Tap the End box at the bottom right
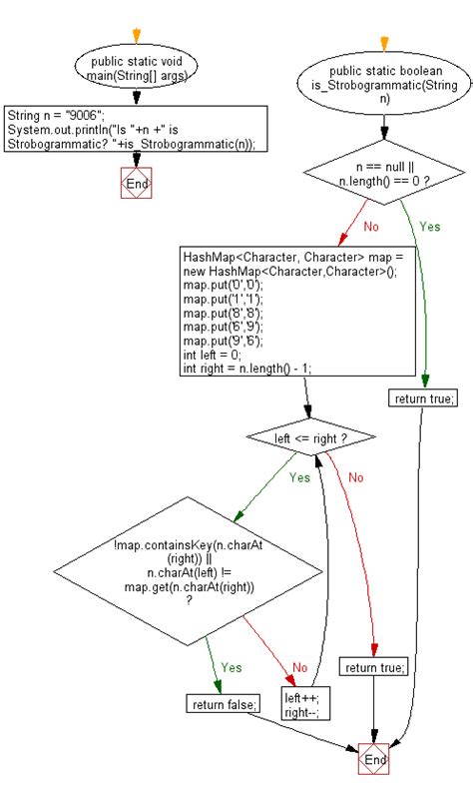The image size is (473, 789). pos(373,760)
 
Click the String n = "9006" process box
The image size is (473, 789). pos(136,129)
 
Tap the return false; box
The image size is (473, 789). pos(223,704)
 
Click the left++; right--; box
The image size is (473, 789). pos(306,705)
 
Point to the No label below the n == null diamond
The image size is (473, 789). pos(370,227)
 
